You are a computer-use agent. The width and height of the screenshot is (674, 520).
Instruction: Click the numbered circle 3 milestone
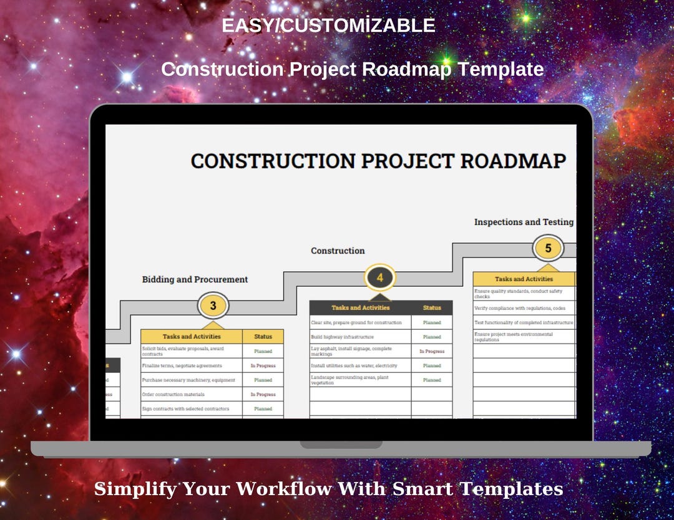(213, 306)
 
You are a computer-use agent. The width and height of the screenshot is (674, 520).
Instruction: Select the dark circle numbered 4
(380, 277)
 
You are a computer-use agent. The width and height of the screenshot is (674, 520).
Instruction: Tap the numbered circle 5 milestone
(548, 248)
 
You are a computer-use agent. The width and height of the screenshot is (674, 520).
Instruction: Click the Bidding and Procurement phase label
(195, 279)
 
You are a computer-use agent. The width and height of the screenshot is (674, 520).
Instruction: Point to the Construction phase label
(338, 251)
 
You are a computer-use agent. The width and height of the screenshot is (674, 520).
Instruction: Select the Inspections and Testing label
(524, 222)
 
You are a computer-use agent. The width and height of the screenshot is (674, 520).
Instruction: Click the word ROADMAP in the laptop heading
(513, 161)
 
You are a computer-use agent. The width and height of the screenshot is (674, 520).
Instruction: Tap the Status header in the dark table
(432, 307)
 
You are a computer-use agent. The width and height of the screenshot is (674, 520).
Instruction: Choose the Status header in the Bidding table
(263, 337)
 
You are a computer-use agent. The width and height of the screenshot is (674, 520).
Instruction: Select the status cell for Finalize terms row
(263, 365)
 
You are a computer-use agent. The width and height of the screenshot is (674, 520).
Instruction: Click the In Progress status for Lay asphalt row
(432, 351)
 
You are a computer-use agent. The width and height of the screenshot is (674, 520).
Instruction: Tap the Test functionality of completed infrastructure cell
(524, 322)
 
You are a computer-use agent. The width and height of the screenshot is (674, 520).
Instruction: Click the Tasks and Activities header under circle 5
(524, 279)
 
